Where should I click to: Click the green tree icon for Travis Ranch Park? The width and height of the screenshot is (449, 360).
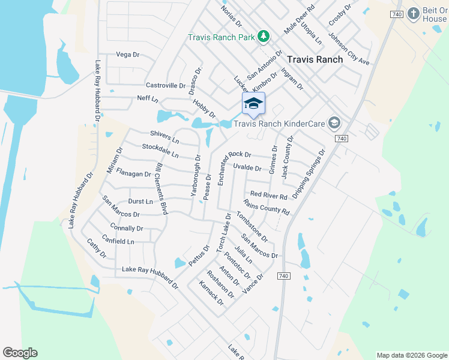coord(263,37)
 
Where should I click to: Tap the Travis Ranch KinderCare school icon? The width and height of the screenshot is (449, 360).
coord(334,124)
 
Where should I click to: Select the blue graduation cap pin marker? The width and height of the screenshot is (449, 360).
coord(253,104)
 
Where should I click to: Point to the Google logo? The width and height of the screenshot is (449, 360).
coord(20,353)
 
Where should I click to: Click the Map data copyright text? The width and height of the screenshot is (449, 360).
coord(411,355)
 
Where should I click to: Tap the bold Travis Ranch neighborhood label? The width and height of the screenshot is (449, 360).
coord(315,59)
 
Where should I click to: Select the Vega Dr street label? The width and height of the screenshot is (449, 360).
coord(127,55)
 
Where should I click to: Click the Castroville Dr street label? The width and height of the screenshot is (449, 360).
coord(166,86)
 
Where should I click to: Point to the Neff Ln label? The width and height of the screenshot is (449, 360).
coord(147,98)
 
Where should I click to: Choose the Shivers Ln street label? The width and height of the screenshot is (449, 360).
coord(164,137)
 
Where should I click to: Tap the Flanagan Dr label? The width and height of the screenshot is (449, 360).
coord(133,174)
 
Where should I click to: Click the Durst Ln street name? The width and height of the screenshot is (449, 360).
coord(140,202)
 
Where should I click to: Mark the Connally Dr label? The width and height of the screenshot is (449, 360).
coord(127,228)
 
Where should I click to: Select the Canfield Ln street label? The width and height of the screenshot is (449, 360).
coord(118,241)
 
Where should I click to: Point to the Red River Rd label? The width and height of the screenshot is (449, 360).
coord(269,195)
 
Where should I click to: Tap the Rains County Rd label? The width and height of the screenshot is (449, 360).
coord(266,208)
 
